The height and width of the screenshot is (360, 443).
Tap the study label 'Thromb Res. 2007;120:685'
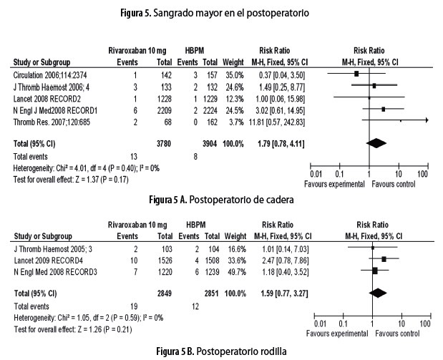click(x=55, y=122)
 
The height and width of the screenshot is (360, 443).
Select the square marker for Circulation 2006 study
click(x=356, y=74)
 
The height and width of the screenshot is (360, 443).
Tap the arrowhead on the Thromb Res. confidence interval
click(x=427, y=121)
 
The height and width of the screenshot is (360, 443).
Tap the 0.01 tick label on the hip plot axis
click(x=315, y=173)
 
